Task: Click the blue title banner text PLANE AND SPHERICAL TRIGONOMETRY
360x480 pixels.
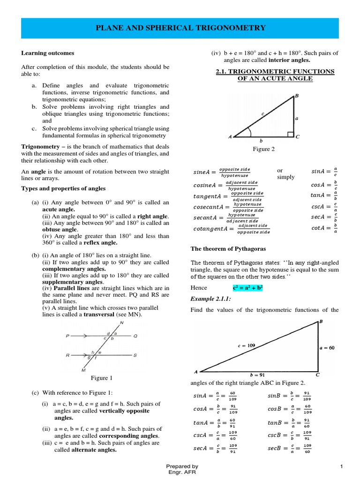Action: click(180, 28)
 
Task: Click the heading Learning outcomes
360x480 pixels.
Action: click(47, 53)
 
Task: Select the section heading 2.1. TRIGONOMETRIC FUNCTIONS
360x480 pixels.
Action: click(275, 71)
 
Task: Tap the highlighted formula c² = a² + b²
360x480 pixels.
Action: click(247, 287)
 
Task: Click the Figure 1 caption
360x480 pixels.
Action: click(102, 378)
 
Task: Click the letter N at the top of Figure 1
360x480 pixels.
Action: click(122, 323)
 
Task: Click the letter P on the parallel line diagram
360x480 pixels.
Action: click(68, 336)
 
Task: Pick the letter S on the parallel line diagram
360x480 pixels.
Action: click(135, 355)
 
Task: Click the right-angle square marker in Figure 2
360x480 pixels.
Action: click(290, 135)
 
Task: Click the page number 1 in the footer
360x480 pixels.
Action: click(342, 466)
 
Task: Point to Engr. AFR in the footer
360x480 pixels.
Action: click(182, 472)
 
